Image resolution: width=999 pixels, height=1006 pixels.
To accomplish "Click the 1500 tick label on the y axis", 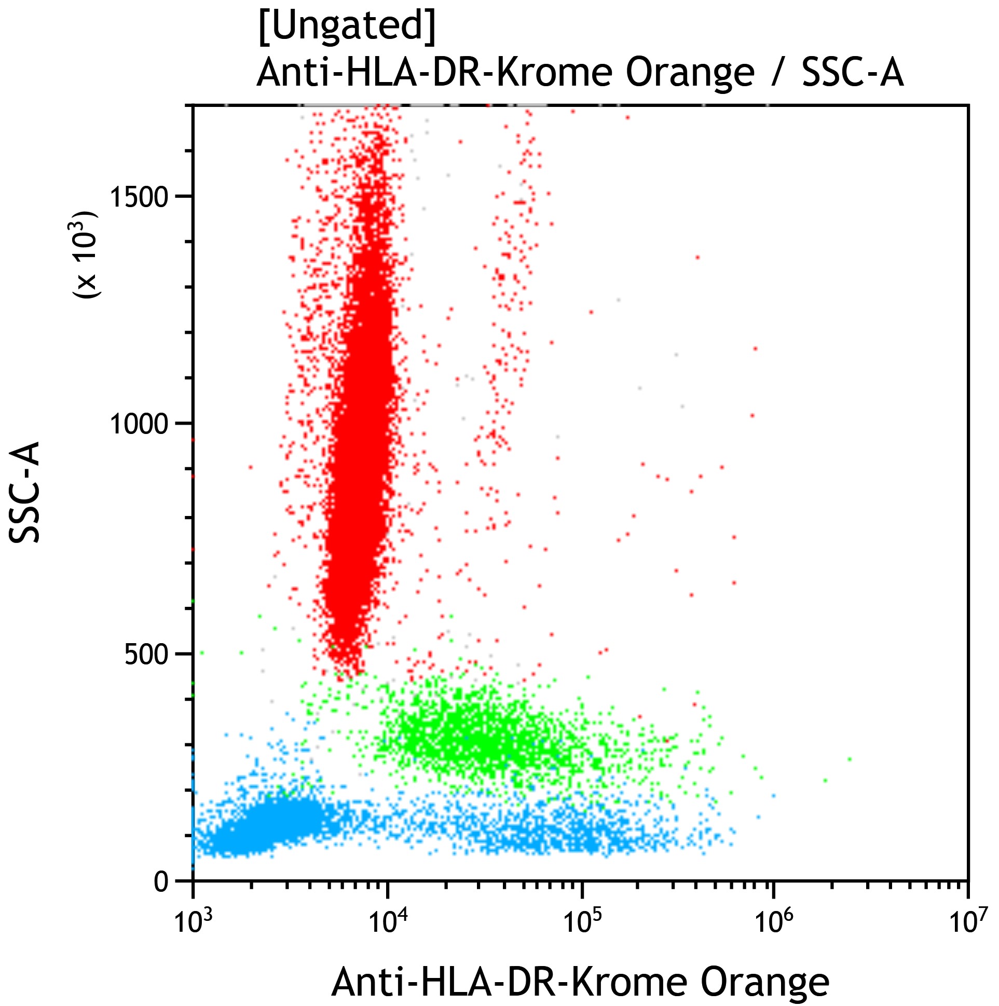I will pos(139,196).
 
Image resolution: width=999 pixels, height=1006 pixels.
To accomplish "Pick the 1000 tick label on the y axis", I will pos(139,425).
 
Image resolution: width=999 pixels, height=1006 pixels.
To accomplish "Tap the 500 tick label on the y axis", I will pos(146,654).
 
